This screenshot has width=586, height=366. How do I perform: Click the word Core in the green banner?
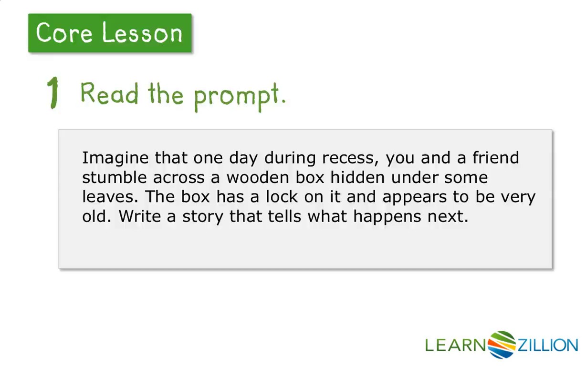(x=64, y=33)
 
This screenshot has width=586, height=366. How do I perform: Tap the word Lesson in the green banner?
(x=142, y=33)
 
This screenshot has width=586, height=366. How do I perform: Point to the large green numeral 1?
(x=53, y=92)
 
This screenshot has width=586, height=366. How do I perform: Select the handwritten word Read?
(x=109, y=93)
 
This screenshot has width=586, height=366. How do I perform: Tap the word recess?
(x=350, y=158)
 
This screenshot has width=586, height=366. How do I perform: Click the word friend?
(x=496, y=158)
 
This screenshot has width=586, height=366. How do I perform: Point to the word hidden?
(x=357, y=177)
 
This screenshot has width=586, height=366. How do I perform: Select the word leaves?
(x=110, y=197)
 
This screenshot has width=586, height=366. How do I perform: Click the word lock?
(x=282, y=197)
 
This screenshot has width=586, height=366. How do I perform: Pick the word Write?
(x=140, y=216)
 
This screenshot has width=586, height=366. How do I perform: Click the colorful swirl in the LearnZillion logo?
(x=502, y=345)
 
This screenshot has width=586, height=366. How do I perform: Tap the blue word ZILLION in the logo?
(x=548, y=345)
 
